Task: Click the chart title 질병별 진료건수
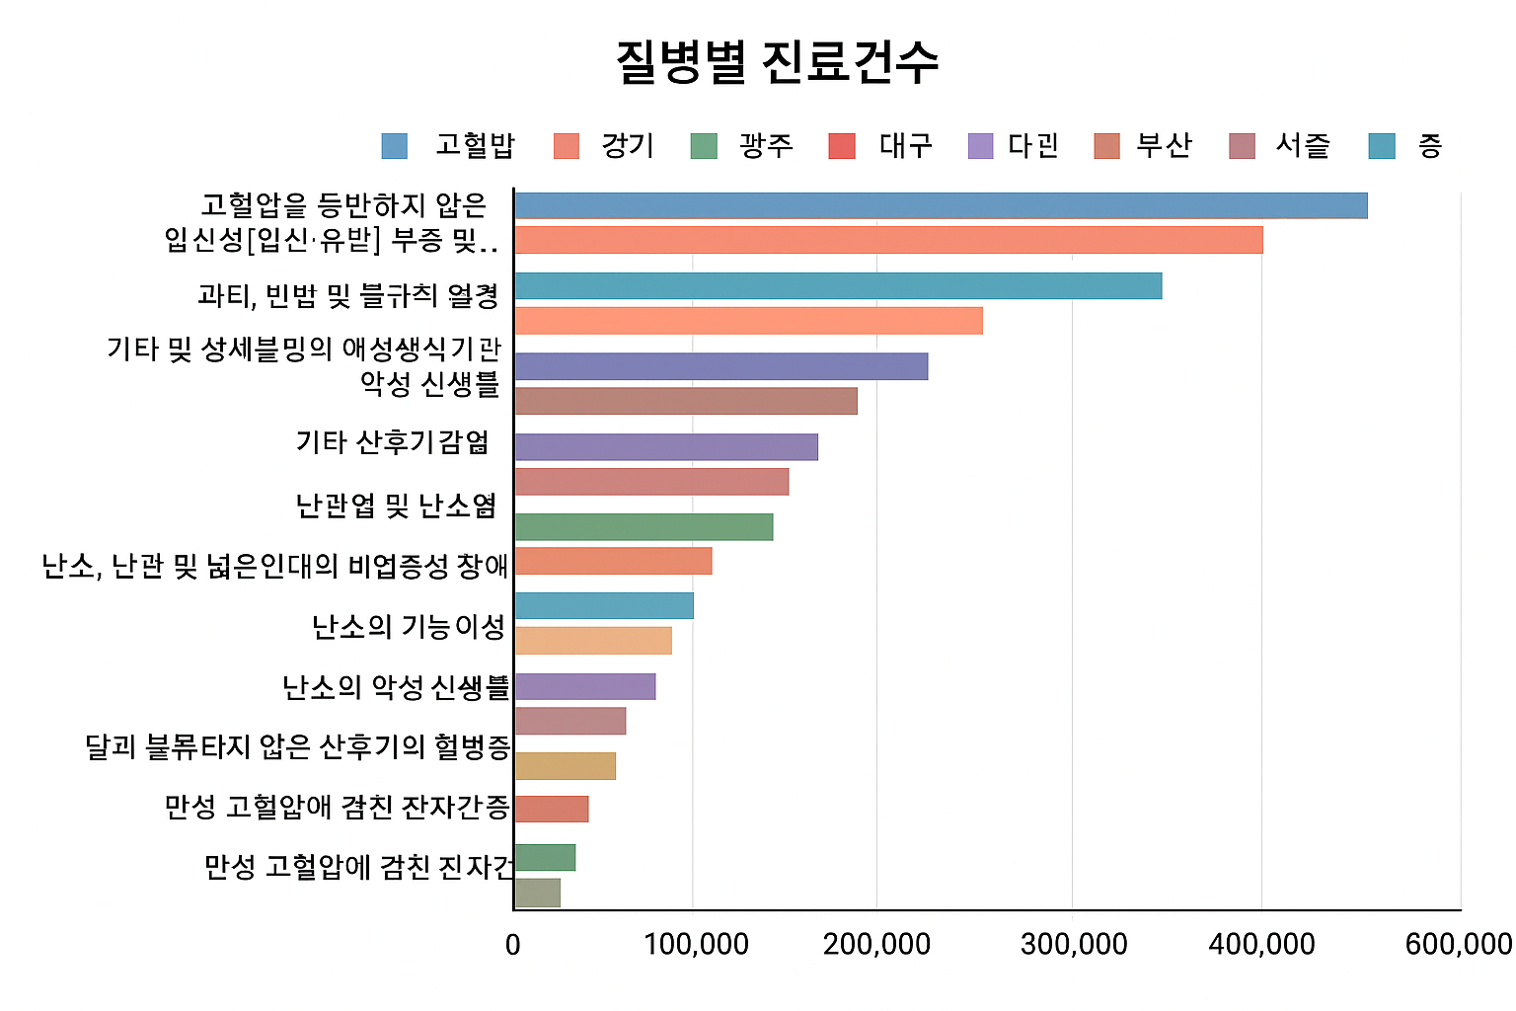[x=777, y=62]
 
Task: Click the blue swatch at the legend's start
[x=395, y=146]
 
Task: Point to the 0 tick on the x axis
[x=513, y=945]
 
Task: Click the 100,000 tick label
[x=696, y=945]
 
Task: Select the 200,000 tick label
[x=876, y=945]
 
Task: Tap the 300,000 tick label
[x=1074, y=945]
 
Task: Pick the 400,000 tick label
[x=1261, y=945]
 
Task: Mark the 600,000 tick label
[x=1459, y=945]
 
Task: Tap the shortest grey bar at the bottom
[x=537, y=893]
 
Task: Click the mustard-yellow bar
[x=565, y=766]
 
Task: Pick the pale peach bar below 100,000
[x=592, y=641]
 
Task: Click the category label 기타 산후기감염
[x=393, y=442]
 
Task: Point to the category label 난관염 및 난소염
[x=396, y=506]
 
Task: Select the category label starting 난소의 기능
[x=409, y=627]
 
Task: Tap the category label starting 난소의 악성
[x=396, y=687]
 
